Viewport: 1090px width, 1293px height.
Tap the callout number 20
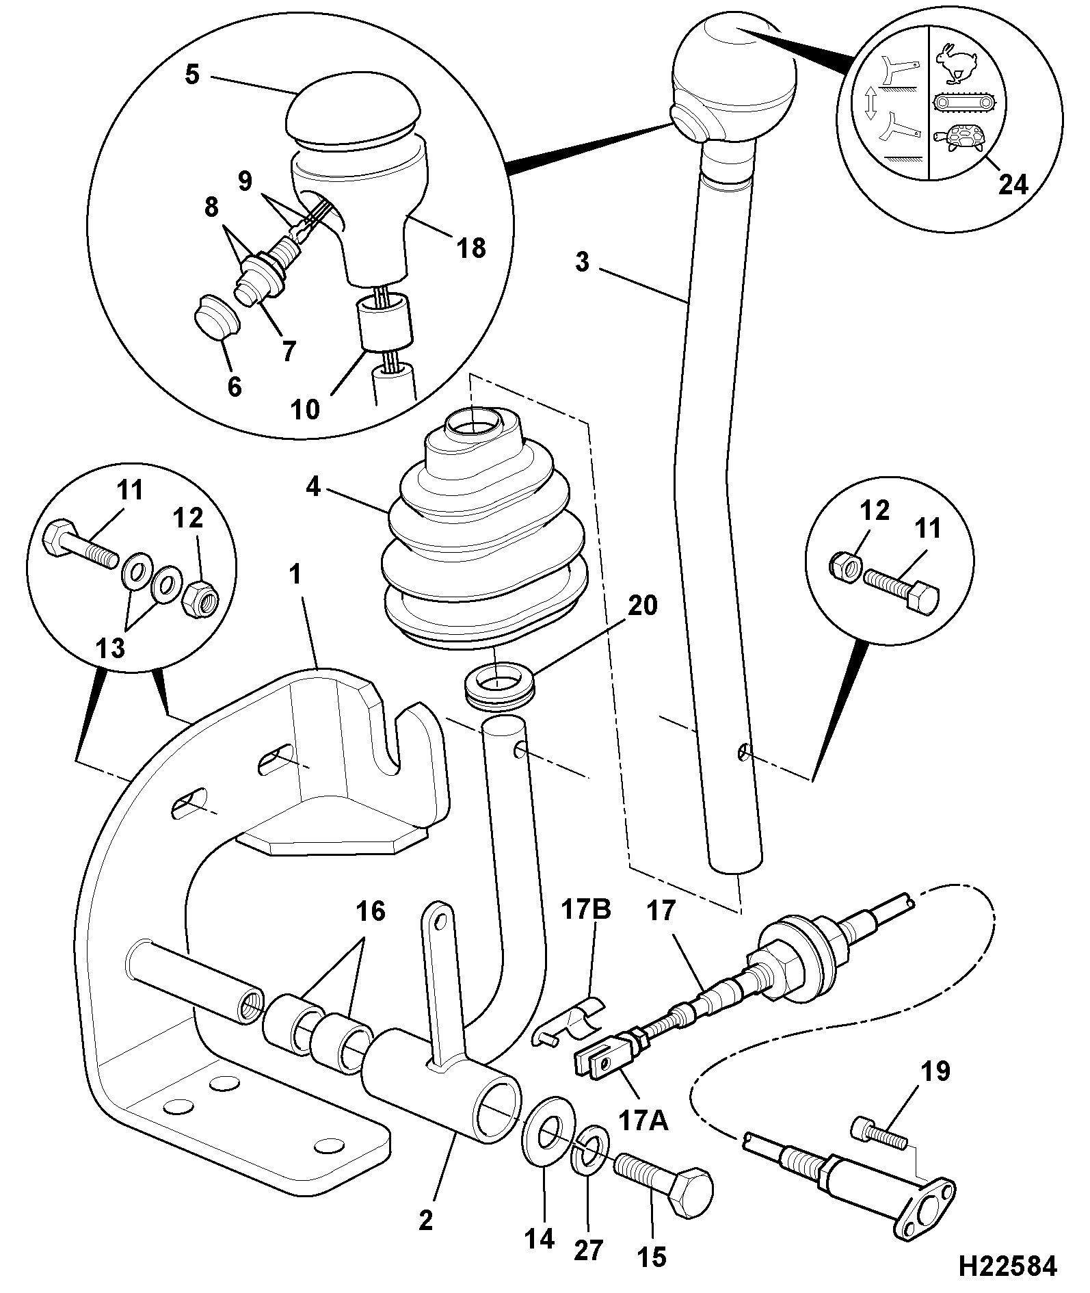click(x=641, y=605)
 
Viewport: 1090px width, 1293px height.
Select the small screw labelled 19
click(x=879, y=1134)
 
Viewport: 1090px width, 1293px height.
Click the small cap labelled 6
click(x=213, y=317)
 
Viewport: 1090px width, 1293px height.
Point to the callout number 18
click(x=470, y=248)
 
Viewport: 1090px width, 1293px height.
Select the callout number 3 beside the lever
click(x=582, y=262)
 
